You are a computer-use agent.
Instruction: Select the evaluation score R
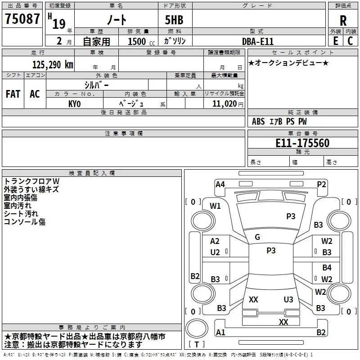(x=343, y=21)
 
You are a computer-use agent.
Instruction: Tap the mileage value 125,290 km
(x=53, y=65)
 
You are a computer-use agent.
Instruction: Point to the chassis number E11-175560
(x=302, y=144)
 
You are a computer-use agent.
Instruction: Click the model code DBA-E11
(x=258, y=41)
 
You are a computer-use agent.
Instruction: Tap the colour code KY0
(x=74, y=104)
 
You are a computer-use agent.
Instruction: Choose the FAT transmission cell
(x=13, y=94)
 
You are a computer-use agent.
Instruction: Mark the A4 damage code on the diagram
(x=220, y=184)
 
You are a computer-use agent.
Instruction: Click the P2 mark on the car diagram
(x=321, y=184)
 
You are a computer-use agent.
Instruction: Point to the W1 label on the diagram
(x=216, y=206)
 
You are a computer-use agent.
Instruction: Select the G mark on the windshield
(x=257, y=237)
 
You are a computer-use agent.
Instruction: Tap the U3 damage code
(x=288, y=300)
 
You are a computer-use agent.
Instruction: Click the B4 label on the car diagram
(x=327, y=268)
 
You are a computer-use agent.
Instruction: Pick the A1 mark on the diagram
(x=220, y=333)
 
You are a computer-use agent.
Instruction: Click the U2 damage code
(x=215, y=252)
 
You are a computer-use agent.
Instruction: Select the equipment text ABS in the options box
(x=258, y=121)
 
